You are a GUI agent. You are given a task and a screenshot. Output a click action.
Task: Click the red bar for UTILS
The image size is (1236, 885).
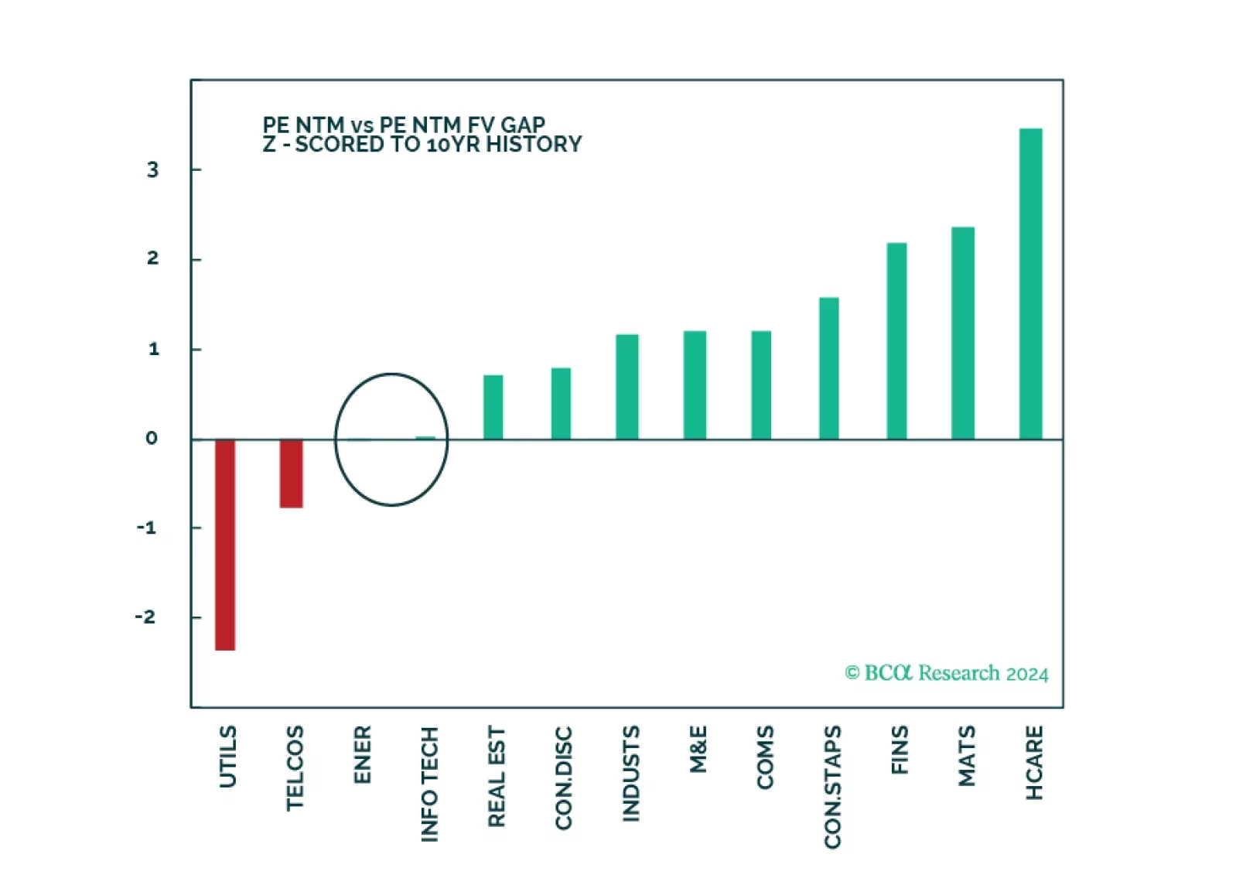pyautogui.click(x=225, y=545)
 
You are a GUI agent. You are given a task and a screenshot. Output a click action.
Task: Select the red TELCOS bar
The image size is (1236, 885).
pyautogui.click(x=292, y=473)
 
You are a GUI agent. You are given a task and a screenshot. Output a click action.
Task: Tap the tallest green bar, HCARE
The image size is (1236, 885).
pyautogui.click(x=1030, y=284)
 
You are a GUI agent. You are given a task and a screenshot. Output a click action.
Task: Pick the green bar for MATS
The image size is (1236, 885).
pyautogui.click(x=963, y=333)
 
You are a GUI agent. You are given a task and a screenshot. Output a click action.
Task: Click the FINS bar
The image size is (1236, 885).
pyautogui.click(x=896, y=341)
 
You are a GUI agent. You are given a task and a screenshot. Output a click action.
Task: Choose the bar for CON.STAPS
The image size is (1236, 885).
pyautogui.click(x=829, y=368)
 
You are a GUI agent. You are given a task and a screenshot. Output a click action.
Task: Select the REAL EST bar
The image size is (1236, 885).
pyautogui.click(x=493, y=407)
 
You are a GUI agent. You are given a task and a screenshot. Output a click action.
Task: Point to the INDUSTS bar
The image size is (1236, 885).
pyautogui.click(x=627, y=387)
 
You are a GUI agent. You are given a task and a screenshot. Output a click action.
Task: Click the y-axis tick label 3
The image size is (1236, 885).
pyautogui.click(x=152, y=170)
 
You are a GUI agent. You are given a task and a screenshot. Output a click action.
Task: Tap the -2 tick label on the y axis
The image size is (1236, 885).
pyautogui.click(x=145, y=617)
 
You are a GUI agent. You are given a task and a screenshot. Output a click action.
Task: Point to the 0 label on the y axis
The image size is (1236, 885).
pyautogui.click(x=152, y=439)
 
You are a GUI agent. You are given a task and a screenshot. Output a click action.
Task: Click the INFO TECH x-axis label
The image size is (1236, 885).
pyautogui.click(x=429, y=784)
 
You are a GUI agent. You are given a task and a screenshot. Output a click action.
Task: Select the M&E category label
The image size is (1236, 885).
pyautogui.click(x=698, y=749)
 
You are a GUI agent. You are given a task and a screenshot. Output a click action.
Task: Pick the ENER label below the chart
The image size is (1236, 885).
pyautogui.click(x=362, y=754)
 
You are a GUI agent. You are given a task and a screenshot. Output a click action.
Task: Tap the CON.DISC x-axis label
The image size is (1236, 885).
pyautogui.click(x=563, y=777)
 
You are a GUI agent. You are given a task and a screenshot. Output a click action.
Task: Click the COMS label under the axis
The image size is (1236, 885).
pyautogui.click(x=765, y=757)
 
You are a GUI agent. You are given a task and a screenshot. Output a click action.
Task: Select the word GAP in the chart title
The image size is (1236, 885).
pyautogui.click(x=523, y=125)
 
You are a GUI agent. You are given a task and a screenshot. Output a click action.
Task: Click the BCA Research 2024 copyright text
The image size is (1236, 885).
pyautogui.click(x=946, y=673)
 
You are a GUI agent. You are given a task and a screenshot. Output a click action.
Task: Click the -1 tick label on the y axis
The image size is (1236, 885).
pyautogui.click(x=146, y=528)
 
